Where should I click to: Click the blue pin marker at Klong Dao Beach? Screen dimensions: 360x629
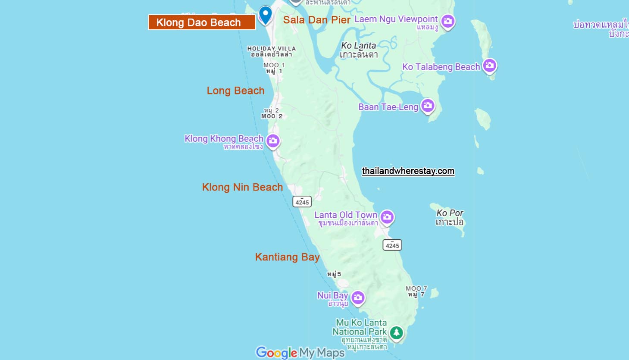click(265, 14)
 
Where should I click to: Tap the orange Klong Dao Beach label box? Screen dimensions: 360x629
click(202, 22)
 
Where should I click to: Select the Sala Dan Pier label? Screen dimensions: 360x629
click(316, 20)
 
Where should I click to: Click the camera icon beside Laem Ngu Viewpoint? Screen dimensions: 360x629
click(448, 21)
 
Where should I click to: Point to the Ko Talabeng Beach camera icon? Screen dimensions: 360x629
click(489, 66)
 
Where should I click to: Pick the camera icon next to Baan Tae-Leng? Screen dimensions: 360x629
click(428, 106)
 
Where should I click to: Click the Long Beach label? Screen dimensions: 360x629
click(235, 91)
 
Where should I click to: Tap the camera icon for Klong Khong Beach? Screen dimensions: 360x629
click(272, 141)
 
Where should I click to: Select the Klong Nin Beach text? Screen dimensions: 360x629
click(242, 187)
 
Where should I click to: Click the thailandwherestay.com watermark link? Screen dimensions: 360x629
click(408, 171)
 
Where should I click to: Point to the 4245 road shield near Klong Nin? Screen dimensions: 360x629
click(302, 202)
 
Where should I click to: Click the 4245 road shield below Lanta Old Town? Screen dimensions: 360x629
click(392, 245)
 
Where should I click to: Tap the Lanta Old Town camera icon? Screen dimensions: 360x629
click(387, 217)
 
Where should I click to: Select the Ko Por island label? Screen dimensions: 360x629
click(449, 217)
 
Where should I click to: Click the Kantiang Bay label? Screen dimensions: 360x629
click(287, 257)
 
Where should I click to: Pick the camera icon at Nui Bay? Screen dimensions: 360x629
click(358, 297)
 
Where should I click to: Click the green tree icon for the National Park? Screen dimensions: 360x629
click(396, 332)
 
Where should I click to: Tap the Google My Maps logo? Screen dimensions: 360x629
click(300, 352)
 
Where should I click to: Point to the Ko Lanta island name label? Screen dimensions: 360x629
click(358, 50)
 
